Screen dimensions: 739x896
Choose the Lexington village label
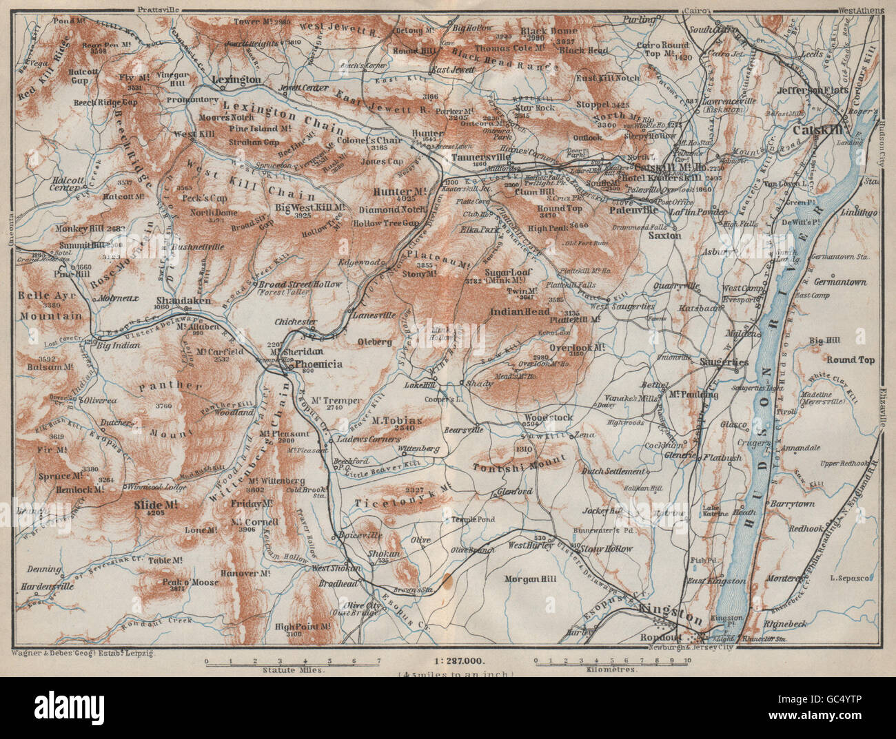click(x=237, y=80)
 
